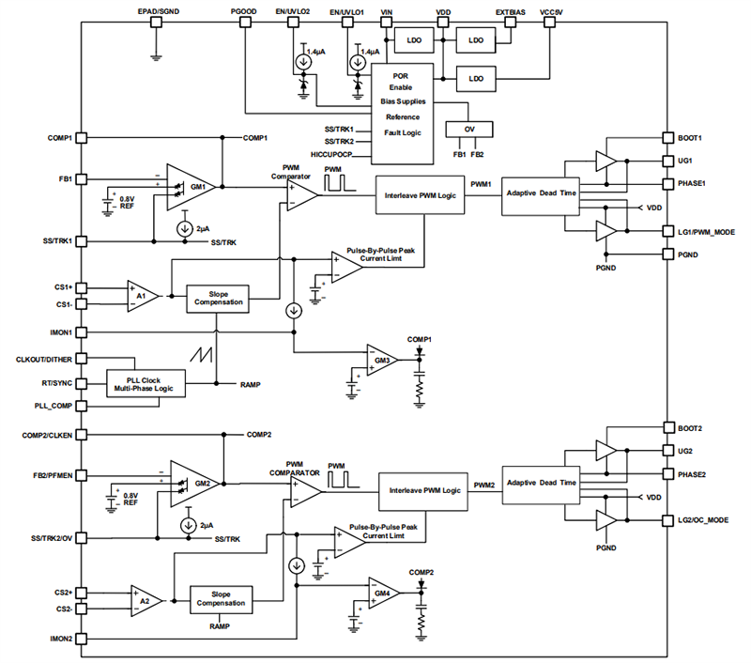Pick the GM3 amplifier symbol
click(x=381, y=360)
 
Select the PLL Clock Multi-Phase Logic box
click(x=145, y=383)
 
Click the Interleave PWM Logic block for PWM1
click(x=419, y=196)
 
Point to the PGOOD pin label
click(x=243, y=10)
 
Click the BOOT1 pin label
click(x=690, y=137)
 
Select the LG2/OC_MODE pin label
click(x=704, y=519)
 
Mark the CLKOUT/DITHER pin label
click(x=39, y=359)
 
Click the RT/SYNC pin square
click(x=82, y=383)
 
